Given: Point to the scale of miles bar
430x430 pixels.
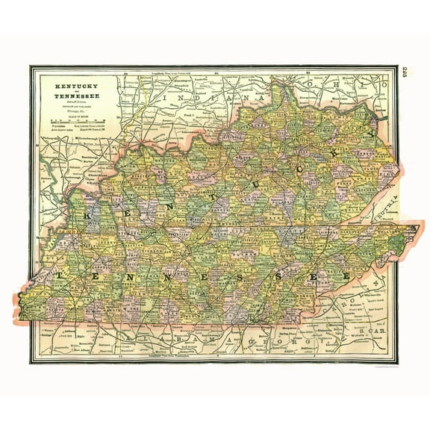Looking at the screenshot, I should click(x=75, y=119).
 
